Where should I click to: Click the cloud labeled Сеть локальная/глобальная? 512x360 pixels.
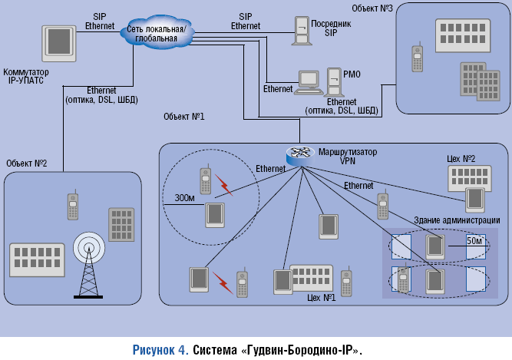pyautogui.click(x=160, y=33)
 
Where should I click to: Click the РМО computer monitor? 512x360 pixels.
pyautogui.click(x=309, y=80)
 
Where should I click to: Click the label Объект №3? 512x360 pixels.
pyautogui.click(x=373, y=7)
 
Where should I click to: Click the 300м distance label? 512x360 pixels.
pyautogui.click(x=185, y=197)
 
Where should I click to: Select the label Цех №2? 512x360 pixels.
pyautogui.click(x=461, y=159)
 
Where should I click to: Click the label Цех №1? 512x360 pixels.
pyautogui.click(x=322, y=296)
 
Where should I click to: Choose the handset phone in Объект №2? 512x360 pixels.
pyautogui.click(x=72, y=206)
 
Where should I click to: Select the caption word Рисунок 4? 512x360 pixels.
pyautogui.click(x=160, y=349)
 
